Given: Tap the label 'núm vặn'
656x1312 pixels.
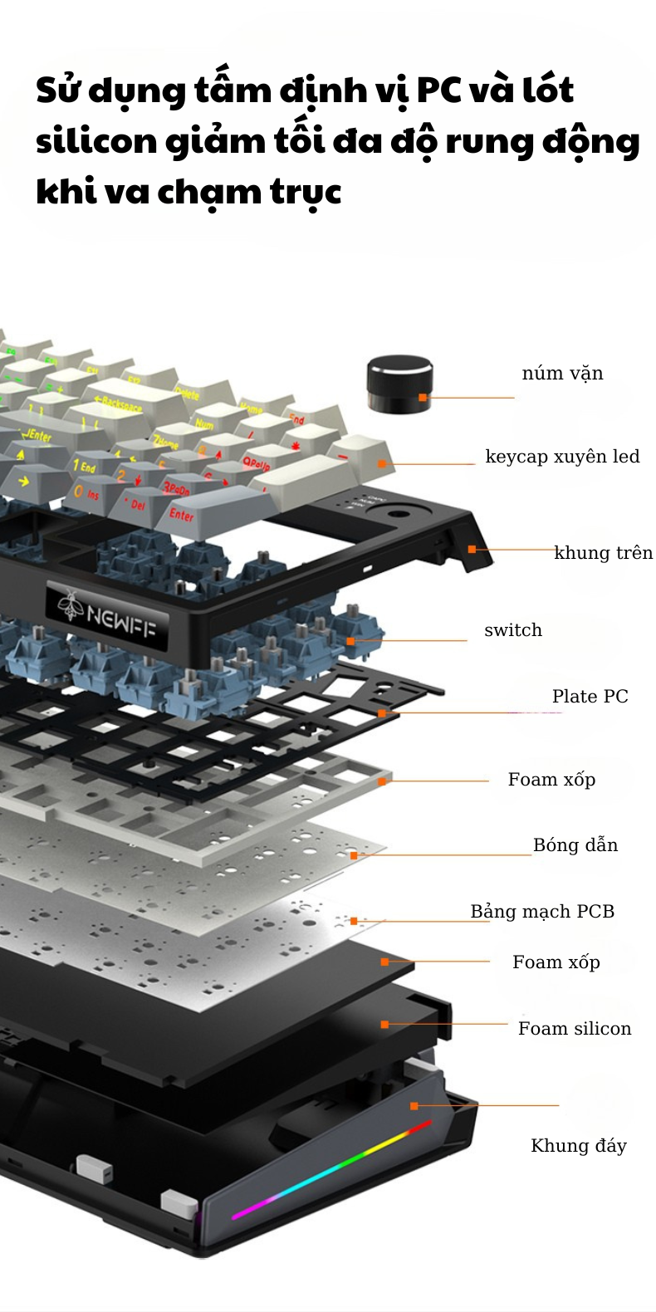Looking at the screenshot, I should (562, 374).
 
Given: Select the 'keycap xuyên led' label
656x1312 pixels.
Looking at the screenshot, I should (562, 457).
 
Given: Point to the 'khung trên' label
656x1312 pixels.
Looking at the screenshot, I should (603, 553).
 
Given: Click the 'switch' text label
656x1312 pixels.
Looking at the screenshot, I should (513, 630).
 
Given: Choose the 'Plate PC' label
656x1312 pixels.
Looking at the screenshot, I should (590, 697).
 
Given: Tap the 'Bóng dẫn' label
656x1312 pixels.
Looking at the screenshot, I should (575, 845).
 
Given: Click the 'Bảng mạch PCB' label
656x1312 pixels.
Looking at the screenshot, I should (542, 912).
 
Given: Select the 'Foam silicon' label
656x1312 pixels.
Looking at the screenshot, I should (575, 1029).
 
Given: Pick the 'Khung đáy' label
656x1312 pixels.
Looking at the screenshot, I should (579, 1146).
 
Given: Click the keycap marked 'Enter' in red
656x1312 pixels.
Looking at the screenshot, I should (182, 514).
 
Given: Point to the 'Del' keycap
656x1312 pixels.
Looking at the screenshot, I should (135, 503).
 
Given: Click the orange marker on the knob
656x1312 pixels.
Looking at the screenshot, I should (423, 398).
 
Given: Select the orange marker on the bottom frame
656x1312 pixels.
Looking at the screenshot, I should (414, 1105).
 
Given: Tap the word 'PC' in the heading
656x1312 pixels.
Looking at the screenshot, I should (438, 90).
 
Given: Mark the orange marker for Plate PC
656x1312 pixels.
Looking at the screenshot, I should (382, 713).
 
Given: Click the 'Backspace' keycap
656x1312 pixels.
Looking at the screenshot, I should (122, 403).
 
